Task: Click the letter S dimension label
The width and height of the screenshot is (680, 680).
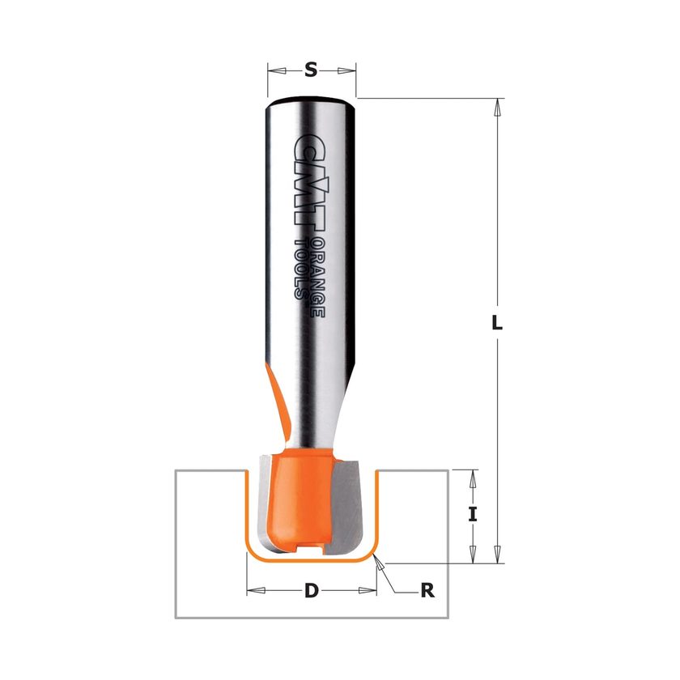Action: click(x=311, y=70)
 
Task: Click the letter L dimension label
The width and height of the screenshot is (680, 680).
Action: click(x=497, y=322)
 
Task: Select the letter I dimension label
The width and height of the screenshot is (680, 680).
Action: click(x=473, y=515)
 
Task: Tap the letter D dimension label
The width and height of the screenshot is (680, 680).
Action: click(x=312, y=590)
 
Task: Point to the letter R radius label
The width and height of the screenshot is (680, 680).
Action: click(x=427, y=590)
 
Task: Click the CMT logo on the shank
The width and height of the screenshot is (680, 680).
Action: click(x=308, y=181)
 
